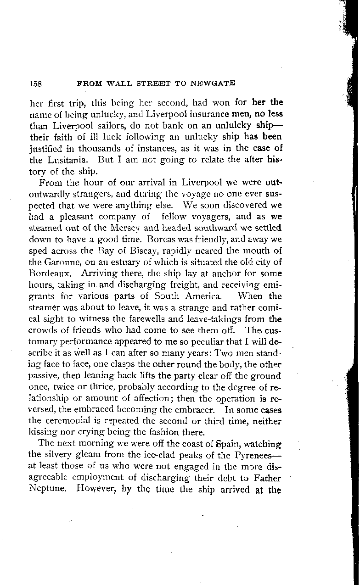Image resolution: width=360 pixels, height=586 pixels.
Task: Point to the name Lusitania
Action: (65, 162)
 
